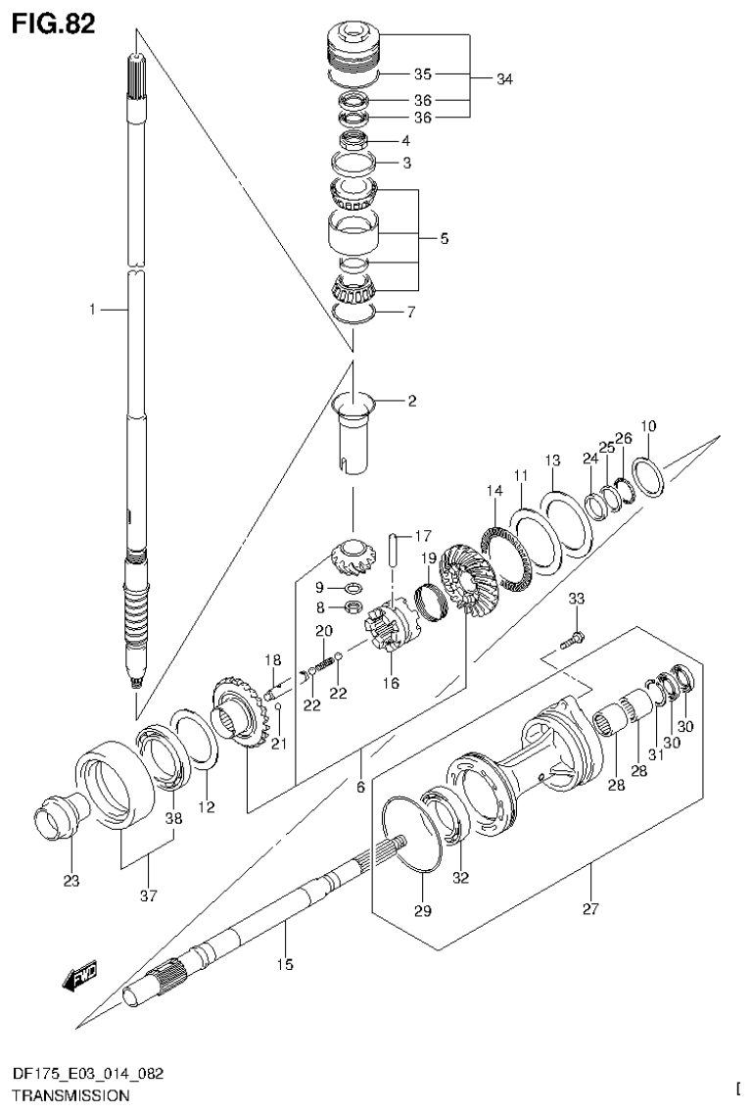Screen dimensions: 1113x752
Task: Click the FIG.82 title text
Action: click(54, 24)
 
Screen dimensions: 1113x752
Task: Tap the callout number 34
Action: click(503, 79)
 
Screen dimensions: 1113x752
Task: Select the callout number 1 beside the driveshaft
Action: click(92, 310)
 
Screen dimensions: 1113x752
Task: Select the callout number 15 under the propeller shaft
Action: click(284, 965)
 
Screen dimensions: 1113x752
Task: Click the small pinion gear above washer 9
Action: click(349, 558)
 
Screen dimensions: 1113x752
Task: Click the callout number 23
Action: click(71, 881)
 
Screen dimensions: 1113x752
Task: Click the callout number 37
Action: click(147, 894)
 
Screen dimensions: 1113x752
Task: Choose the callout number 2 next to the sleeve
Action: click(412, 400)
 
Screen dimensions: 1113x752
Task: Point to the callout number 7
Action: click(412, 313)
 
